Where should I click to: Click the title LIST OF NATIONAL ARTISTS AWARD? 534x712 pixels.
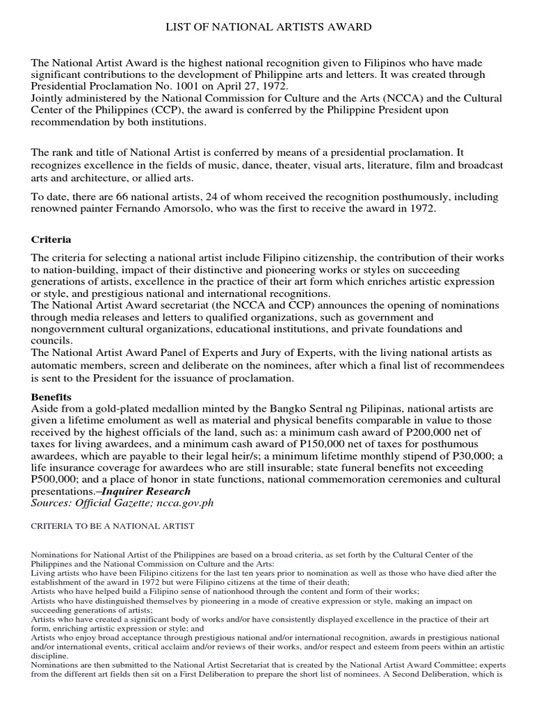pyautogui.click(x=267, y=27)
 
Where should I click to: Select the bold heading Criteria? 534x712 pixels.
pyautogui.click(x=51, y=239)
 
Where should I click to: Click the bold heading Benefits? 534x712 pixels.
pyautogui.click(x=52, y=396)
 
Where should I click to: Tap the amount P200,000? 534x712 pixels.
pyautogui.click(x=429, y=432)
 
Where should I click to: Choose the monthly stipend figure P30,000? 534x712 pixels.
pyautogui.click(x=453, y=455)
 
